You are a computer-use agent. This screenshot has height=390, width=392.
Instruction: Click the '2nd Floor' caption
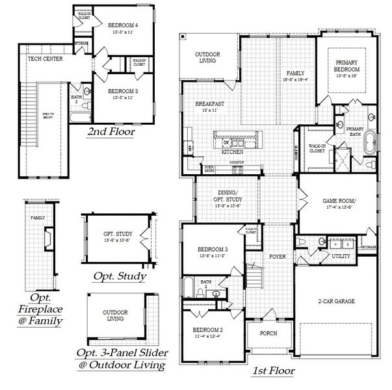111,132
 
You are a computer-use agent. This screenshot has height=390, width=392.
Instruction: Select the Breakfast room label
210,104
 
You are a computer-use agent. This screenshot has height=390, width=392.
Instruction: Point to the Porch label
268,333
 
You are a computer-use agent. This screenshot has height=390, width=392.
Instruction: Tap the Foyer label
278,257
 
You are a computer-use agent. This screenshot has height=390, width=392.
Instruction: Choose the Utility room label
341,257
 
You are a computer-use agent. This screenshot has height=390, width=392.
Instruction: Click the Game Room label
336,201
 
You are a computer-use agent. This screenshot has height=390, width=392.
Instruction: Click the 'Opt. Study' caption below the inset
120,276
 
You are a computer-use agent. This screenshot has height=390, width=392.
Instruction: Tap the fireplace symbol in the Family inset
47,238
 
